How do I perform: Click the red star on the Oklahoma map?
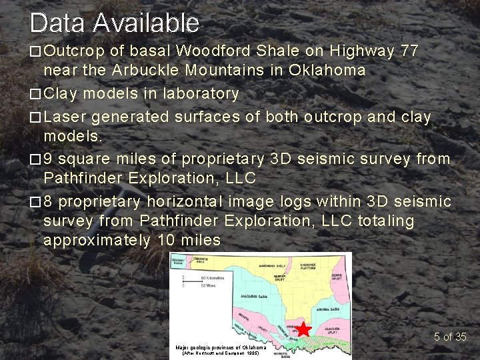click(303, 329)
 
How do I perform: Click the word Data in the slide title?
click(57, 23)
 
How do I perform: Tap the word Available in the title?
click(146, 23)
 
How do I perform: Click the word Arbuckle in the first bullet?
click(145, 70)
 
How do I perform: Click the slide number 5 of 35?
click(450, 337)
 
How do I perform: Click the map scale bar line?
click(194, 279)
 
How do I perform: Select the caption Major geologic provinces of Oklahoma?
click(221, 347)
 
